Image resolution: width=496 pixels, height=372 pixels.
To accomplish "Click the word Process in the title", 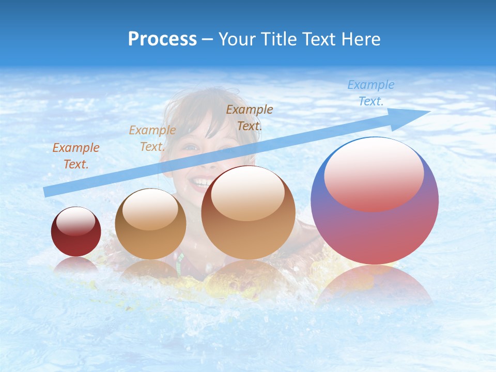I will [162, 39].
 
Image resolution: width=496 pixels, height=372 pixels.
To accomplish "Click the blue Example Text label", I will [370, 93].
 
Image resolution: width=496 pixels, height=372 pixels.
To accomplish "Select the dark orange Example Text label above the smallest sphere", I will [76, 156].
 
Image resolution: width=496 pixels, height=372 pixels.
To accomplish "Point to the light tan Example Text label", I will [152, 138].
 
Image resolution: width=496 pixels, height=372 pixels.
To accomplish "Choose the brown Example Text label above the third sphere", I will [250, 117].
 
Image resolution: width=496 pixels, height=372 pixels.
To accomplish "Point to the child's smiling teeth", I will [200, 182].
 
